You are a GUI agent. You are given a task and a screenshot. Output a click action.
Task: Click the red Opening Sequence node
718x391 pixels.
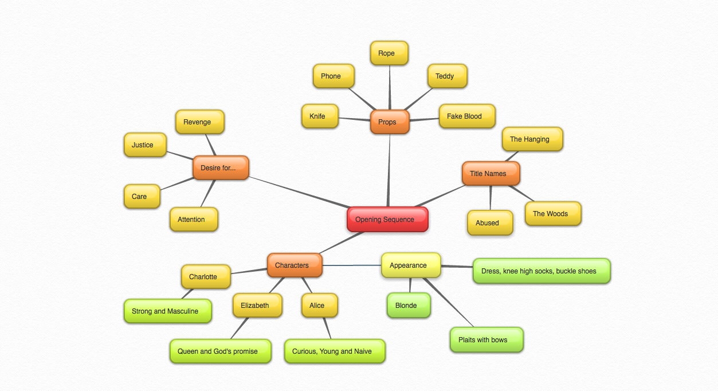tap(387, 220)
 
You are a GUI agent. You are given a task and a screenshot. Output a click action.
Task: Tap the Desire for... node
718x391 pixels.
tap(221, 168)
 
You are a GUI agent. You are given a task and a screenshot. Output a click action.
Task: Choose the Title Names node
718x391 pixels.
tap(491, 174)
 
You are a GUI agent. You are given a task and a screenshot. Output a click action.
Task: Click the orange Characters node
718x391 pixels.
tap(295, 265)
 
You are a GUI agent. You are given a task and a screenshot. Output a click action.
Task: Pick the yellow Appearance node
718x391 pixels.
tap(411, 265)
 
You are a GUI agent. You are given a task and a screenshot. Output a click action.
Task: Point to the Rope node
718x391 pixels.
tap(389, 53)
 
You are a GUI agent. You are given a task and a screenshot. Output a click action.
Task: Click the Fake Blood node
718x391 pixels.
tap(466, 116)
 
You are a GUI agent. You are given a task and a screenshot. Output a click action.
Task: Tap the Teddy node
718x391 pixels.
tap(447, 76)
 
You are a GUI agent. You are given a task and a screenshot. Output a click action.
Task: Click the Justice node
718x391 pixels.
tap(145, 145)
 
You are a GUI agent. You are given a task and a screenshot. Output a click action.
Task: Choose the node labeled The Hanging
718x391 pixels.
tap(532, 139)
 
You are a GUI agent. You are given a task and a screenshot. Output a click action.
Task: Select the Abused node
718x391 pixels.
tap(490, 223)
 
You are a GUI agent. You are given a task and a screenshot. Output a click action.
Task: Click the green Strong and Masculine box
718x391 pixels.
tap(167, 311)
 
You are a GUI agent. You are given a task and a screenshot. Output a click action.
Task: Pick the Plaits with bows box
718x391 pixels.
tap(486, 340)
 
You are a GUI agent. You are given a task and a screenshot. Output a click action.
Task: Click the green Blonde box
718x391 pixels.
tap(409, 306)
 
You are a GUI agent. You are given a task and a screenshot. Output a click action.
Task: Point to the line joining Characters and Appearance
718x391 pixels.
tap(352, 265)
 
